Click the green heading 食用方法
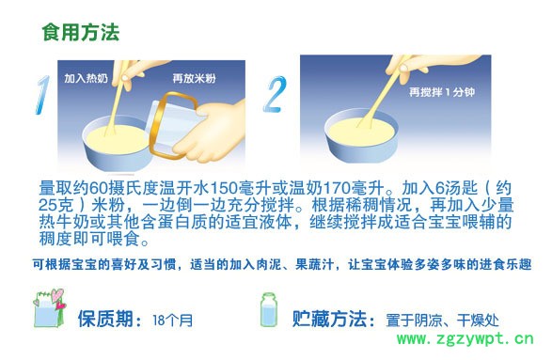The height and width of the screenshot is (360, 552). click(x=81, y=33)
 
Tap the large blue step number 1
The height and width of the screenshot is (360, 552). click(x=42, y=95)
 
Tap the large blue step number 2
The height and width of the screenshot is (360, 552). click(x=276, y=94)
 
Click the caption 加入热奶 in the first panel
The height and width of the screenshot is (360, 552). click(x=86, y=78)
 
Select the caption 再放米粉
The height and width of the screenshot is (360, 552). click(x=194, y=78)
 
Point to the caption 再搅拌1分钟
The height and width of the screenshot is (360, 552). click(x=442, y=92)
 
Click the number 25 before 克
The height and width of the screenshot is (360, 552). click(x=47, y=205)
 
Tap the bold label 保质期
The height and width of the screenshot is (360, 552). click(x=105, y=319)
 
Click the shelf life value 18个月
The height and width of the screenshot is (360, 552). click(x=172, y=321)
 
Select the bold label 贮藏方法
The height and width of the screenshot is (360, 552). click(x=329, y=319)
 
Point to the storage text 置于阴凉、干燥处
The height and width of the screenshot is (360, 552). click(x=442, y=321)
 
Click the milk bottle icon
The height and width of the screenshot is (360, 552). click(x=269, y=310)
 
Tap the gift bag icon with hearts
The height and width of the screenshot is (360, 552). click(x=49, y=308)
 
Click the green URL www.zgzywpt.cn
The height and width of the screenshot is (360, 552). click(x=465, y=338)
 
